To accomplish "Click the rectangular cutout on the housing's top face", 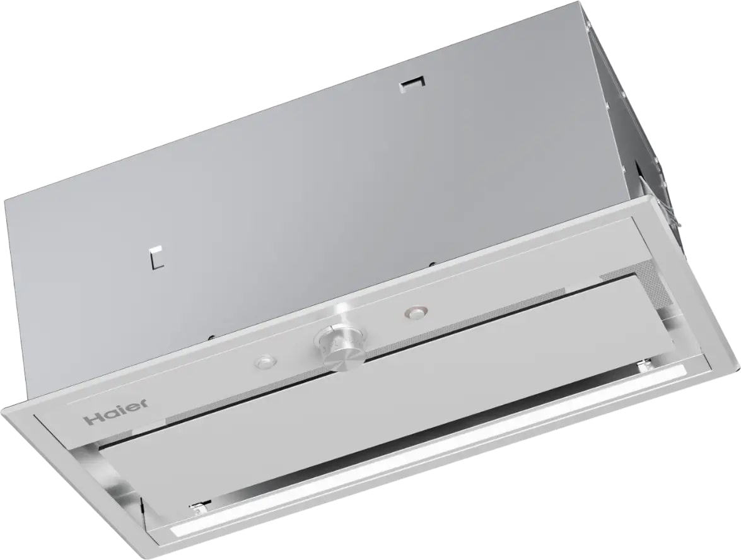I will pyautogui.click(x=412, y=83).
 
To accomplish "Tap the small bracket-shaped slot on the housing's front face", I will pyautogui.click(x=156, y=255).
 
